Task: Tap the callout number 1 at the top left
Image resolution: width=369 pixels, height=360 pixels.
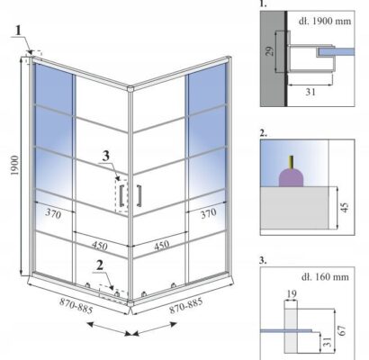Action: click(x=19, y=31)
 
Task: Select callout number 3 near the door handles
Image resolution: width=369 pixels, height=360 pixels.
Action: click(x=105, y=157)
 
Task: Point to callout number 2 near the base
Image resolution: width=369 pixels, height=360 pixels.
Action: click(x=100, y=265)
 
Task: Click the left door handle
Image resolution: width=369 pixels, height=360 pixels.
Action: click(x=121, y=196)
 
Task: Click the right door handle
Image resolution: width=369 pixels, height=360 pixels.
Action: click(x=139, y=195)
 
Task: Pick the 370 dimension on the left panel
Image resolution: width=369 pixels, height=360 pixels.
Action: click(x=53, y=213)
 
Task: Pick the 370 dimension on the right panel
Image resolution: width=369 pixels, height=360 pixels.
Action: click(x=208, y=213)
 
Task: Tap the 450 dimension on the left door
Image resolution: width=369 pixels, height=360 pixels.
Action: click(x=100, y=246)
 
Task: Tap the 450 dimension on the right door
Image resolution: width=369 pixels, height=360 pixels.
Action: click(x=161, y=246)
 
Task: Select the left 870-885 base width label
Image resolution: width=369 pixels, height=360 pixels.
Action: click(x=76, y=306)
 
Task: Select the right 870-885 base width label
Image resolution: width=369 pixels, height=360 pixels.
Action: click(x=186, y=305)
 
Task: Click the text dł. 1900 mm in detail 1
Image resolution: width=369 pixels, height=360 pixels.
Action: click(x=325, y=21)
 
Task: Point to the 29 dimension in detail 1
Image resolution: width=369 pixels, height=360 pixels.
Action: click(x=270, y=51)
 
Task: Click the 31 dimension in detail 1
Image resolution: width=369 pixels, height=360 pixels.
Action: click(x=310, y=92)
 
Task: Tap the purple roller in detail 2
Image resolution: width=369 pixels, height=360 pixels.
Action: click(x=291, y=177)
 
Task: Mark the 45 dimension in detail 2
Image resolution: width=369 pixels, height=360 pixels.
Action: click(x=345, y=207)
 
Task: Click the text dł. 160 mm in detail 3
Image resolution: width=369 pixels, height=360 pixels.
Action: click(x=325, y=276)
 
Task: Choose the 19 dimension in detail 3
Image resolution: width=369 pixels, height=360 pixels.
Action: click(x=291, y=294)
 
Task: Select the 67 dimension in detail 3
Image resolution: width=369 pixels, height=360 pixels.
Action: click(x=342, y=330)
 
